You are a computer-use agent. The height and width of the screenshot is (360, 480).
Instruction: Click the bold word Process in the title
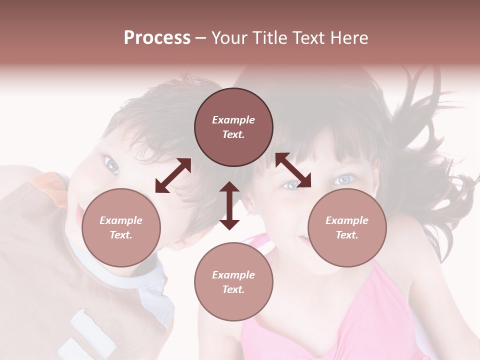coord(157,38)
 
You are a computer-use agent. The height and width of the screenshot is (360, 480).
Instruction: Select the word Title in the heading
coord(269,38)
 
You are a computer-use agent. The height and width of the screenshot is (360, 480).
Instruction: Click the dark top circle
coord(233,127)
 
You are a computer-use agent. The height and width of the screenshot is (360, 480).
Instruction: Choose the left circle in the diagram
coord(121,227)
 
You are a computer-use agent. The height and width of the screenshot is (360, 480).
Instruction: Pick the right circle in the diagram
coord(347,227)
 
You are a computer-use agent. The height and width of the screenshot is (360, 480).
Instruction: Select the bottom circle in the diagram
coord(233,281)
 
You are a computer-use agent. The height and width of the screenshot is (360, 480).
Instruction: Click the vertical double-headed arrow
coord(229,205)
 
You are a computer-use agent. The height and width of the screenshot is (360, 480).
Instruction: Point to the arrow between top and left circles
coord(173,175)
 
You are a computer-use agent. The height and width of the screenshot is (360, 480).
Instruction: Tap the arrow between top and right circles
coord(293,170)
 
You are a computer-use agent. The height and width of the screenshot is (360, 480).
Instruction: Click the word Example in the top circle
coord(233,120)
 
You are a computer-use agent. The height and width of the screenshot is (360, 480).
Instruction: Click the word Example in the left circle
coord(121,220)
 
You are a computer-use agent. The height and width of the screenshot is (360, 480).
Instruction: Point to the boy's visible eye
coord(110,163)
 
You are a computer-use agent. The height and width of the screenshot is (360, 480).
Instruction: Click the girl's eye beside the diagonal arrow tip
coord(290,185)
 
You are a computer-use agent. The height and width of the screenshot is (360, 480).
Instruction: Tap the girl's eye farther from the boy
coord(345,179)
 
